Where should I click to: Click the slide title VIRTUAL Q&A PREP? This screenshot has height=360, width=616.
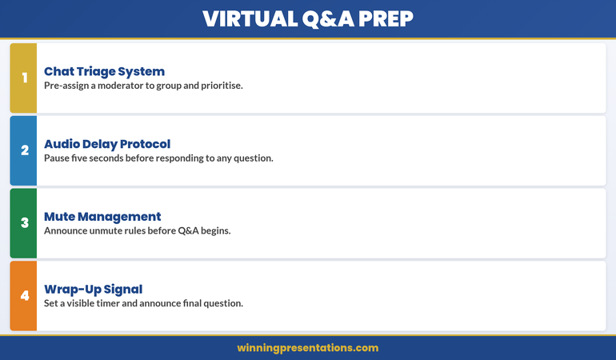click(308, 18)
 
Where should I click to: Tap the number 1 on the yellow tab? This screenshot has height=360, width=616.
click(24, 78)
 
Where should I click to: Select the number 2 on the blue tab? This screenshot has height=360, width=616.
click(24, 150)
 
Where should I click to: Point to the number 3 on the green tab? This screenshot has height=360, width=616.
click(24, 223)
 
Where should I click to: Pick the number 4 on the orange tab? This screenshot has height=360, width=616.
click(24, 296)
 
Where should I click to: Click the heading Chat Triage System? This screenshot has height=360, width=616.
click(104, 71)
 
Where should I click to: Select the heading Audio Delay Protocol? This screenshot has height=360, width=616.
click(107, 144)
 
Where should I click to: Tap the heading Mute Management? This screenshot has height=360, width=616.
click(102, 216)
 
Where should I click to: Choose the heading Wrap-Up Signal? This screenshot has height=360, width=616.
click(93, 289)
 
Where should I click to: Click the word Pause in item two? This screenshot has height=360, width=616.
click(58, 158)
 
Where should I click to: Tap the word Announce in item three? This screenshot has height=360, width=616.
click(67, 230)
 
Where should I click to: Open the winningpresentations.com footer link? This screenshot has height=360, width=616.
click(308, 348)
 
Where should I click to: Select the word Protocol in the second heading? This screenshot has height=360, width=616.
click(143, 144)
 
